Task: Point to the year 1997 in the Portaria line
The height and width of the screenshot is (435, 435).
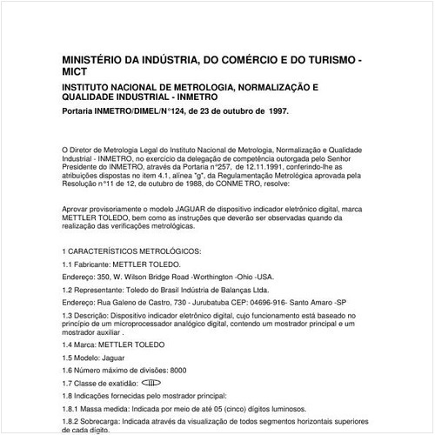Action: (273, 112)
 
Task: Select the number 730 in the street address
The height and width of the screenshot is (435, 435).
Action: (181, 301)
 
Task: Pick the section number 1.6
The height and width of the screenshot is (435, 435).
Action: (69, 370)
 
